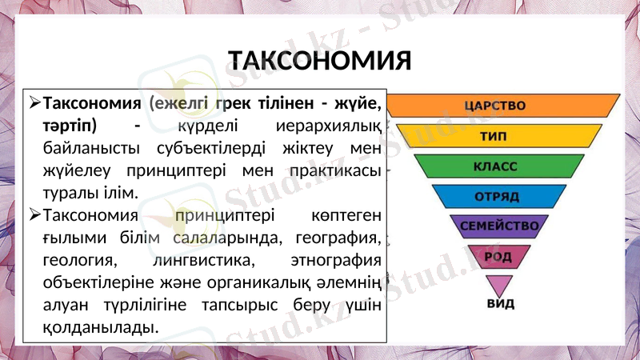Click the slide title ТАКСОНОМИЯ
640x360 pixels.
coord(319,61)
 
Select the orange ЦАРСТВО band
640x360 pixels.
coord(503,106)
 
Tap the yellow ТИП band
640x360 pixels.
coord(503,136)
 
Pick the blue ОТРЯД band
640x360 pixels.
coord(498,196)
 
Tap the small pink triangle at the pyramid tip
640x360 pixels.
coord(500,284)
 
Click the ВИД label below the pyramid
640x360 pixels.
coord(501,304)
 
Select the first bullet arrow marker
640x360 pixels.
coord(34,104)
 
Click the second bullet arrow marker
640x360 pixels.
coord(34,214)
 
